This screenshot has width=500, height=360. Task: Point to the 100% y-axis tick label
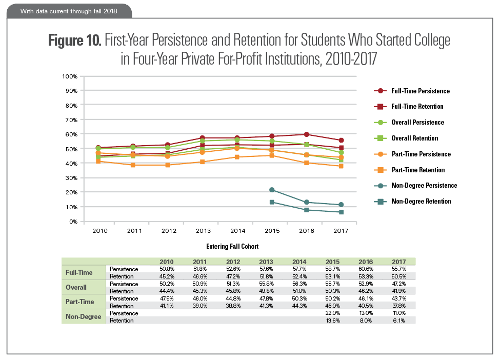[x=69, y=76]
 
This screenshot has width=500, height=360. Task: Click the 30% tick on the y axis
[x=71, y=178]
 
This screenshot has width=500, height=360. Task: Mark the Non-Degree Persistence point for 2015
[x=272, y=190]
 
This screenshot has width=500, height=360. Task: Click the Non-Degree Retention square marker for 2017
[x=341, y=212]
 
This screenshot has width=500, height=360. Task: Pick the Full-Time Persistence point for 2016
[x=307, y=134]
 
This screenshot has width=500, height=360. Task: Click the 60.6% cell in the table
[x=364, y=269]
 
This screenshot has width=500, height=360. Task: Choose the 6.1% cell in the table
[x=398, y=321]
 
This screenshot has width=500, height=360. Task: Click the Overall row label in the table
[x=75, y=288]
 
